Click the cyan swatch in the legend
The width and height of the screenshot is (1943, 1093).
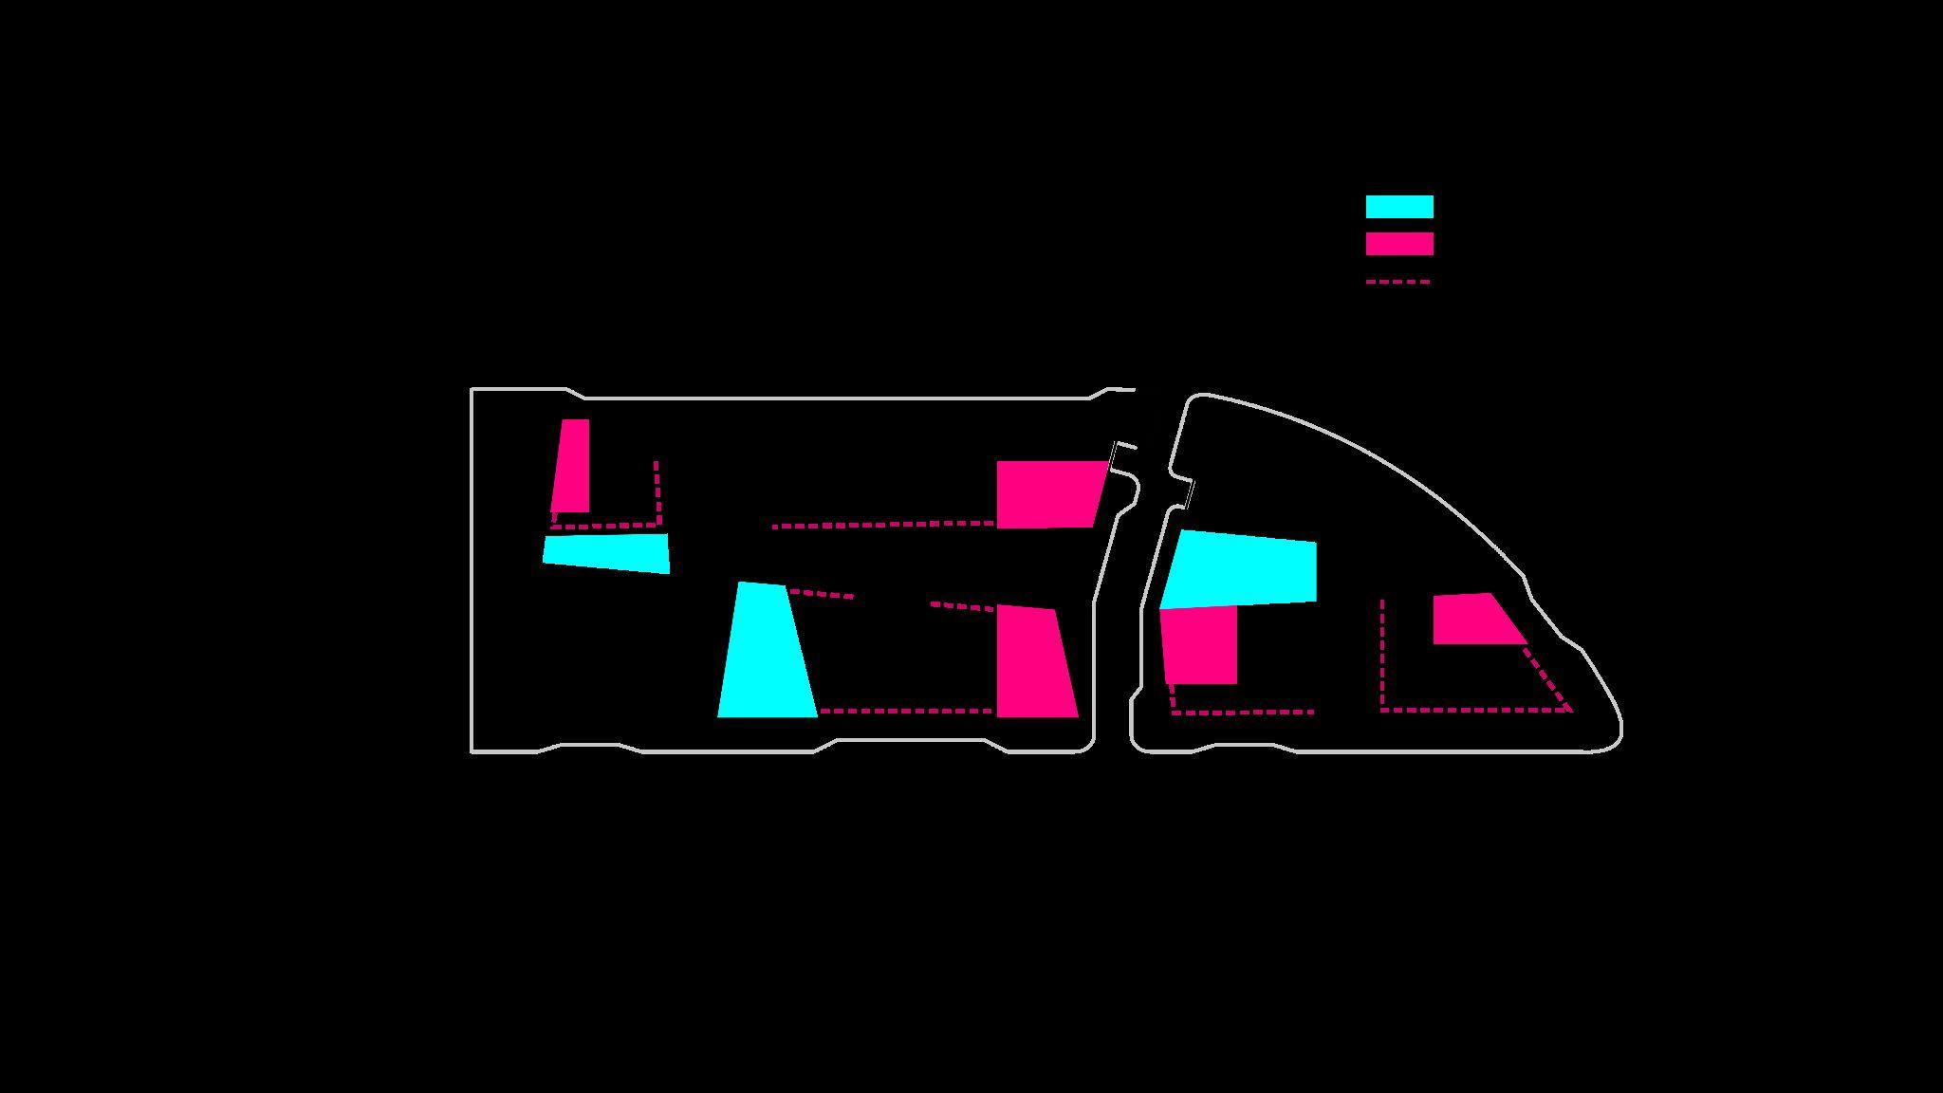tap(1398, 207)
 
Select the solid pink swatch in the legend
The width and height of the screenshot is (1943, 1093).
tap(1398, 244)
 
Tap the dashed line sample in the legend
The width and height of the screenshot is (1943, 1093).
tap(1397, 282)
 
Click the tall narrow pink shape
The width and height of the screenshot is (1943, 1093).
tap(572, 467)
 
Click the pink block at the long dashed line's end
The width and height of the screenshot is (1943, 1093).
tap(1047, 493)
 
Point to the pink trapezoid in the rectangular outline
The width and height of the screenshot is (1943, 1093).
tap(1033, 662)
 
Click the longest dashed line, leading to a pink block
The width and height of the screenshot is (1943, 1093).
tap(882, 524)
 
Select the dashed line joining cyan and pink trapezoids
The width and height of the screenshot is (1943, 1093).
tap(906, 711)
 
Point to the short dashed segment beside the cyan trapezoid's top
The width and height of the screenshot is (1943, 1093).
tap(821, 594)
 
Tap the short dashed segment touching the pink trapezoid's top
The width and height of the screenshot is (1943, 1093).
tap(962, 605)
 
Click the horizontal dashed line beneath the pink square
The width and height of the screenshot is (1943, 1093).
tap(1243, 712)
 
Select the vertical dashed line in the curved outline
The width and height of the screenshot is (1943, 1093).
tap(1382, 655)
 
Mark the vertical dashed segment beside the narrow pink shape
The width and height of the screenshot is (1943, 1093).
tap(657, 491)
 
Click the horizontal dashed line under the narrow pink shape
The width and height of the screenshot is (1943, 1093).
tap(604, 525)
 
